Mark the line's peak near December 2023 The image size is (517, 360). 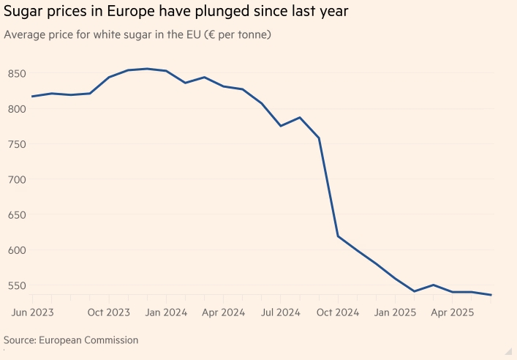pyautogui.click(x=147, y=69)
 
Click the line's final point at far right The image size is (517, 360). pyautogui.click(x=491, y=295)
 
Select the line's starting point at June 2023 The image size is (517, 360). pyautogui.click(x=32, y=96)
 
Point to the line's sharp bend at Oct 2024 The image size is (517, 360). pyautogui.click(x=338, y=236)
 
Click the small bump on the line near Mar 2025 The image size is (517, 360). pyautogui.click(x=434, y=285)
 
